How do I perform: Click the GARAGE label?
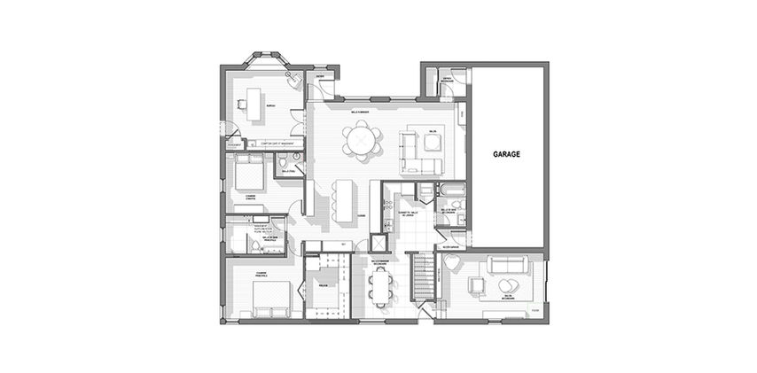click(x=506, y=153)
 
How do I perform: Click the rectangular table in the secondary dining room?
click(x=382, y=284)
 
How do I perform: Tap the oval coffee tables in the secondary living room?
click(x=508, y=285)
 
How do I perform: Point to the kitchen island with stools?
click(x=343, y=201)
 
